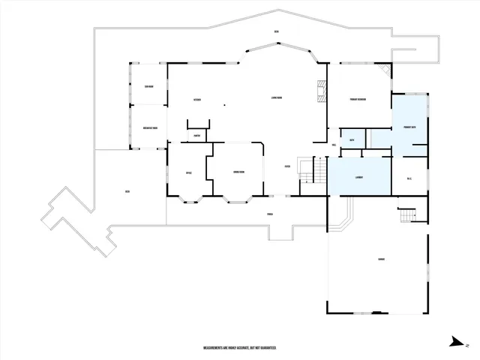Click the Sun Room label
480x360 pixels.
coord(149,86)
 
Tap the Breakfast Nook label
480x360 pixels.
coord(149,128)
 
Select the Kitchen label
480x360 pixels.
coord(196,99)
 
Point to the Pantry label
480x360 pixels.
coord(196,136)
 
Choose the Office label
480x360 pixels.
coord(189,173)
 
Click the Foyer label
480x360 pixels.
coord(286,166)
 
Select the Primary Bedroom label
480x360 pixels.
coord(357,100)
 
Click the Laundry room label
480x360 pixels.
coord(358,178)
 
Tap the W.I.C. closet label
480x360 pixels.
coord(409,178)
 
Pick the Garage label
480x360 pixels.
coord(381,259)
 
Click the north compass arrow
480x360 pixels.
coord(457,342)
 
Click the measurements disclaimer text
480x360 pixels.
coord(240,348)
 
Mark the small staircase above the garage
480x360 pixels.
coord(406,214)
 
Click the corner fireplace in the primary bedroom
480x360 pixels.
coord(384,70)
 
